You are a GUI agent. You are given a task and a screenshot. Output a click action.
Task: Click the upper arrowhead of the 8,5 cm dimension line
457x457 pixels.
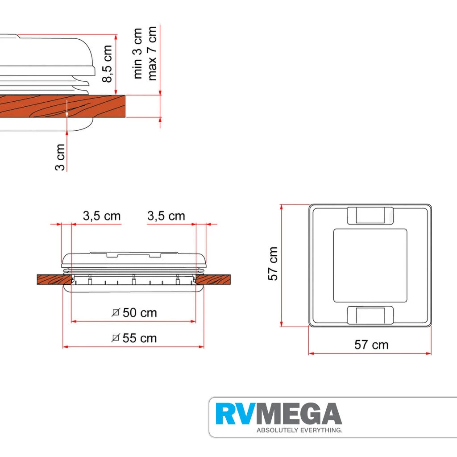pos(116,37)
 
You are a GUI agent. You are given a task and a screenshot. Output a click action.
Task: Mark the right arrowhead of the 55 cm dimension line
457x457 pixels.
pos(201,347)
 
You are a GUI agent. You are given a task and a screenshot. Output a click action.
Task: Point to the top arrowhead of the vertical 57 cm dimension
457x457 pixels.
pos(281,207)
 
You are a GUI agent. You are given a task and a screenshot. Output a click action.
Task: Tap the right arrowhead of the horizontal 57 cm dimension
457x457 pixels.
pos(428,353)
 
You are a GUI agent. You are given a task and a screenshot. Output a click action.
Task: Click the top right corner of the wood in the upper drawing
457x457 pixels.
pos(125,95)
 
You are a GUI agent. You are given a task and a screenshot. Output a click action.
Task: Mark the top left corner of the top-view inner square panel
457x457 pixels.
pos(334,229)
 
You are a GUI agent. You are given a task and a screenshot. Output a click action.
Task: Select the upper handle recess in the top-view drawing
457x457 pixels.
pos(370,216)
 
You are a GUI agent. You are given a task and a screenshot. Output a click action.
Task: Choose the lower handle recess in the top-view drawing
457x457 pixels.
pos(370,315)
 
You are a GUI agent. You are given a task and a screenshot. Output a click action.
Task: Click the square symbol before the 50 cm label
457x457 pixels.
pos(116,313)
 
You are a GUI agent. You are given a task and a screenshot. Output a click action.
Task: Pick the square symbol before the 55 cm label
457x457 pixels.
pos(116,338)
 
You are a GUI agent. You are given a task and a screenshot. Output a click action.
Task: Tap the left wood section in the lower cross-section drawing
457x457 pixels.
pos(54,279)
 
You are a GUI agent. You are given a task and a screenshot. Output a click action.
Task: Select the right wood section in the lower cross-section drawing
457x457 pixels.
pos(213,279)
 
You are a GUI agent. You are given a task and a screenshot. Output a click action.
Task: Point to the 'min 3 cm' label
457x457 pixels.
pos(137,54)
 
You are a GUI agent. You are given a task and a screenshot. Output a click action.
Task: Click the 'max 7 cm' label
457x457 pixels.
pos(152,54)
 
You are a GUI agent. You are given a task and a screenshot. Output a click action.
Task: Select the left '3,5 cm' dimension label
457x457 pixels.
pos(102,216)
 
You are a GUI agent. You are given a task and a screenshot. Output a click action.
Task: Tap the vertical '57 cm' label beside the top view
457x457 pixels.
pos(273,263)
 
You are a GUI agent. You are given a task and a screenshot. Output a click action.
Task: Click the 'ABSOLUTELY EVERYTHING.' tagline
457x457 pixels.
pos(299,430)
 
